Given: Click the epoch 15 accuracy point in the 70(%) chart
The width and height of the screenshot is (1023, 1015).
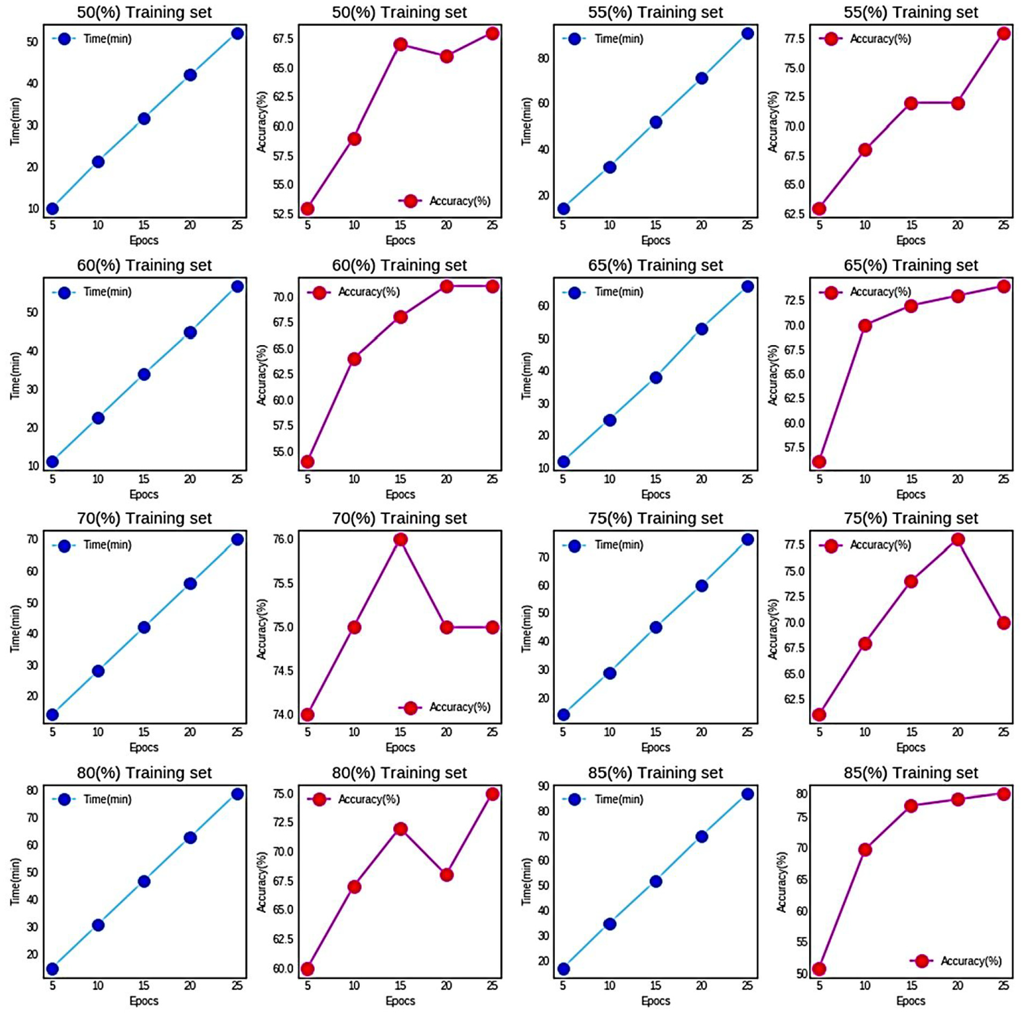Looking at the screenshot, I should pos(400,539).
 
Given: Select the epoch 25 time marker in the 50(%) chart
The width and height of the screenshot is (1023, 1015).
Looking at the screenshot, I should pos(237,33).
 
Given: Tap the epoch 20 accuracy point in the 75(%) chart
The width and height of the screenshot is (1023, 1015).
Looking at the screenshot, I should pos(958,539).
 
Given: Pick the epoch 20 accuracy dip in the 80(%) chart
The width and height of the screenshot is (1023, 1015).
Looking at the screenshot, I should pos(446,875).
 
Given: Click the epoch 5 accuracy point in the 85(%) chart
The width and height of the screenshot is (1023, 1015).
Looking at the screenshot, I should pos(819,969).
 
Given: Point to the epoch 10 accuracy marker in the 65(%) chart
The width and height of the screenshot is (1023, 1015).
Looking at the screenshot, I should pos(865,325).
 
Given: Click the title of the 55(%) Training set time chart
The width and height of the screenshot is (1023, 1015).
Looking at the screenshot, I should pos(655,12).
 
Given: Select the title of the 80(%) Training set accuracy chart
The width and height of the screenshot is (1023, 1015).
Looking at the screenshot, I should pos(399,772).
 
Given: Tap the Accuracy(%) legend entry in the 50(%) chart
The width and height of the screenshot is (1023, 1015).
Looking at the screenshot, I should pos(459,201).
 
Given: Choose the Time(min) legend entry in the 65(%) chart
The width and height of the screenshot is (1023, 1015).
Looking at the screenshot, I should pos(618,292).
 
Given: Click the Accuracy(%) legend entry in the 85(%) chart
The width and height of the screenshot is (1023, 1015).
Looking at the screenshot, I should pos(971,960).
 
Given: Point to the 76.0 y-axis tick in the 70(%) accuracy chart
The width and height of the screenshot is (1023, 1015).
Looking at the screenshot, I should pos(284,539).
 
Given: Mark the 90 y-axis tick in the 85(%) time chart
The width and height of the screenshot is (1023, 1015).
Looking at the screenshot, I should pos(543,787).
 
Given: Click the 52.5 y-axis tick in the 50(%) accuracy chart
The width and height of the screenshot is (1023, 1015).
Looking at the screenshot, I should pos(284,214).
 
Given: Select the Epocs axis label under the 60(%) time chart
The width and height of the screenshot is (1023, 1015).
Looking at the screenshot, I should pos(144,494).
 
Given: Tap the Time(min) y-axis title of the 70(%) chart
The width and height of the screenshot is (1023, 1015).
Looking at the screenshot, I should pos(15,628).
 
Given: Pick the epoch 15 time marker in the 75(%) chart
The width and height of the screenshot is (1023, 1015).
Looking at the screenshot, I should pos(656,627).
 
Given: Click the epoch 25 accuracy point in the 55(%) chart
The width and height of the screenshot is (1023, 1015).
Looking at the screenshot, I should pos(1004,33).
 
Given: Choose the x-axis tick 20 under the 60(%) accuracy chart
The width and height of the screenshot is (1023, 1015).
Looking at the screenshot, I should pos(446,479).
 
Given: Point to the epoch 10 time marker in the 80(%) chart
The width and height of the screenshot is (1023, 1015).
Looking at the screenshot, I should pos(98,925).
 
